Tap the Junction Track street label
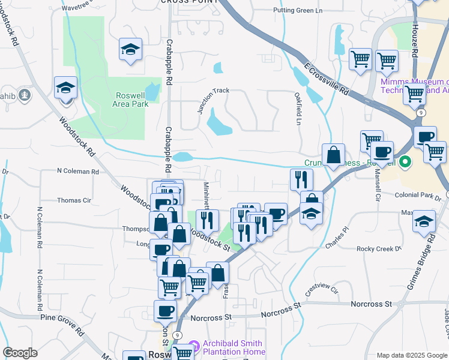point(213,100)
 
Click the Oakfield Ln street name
point(298,109)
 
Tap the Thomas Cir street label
point(74,200)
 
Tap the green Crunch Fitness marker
point(405,162)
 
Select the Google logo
point(20,353)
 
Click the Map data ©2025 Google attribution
point(412,355)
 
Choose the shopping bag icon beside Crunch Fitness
point(333,155)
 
